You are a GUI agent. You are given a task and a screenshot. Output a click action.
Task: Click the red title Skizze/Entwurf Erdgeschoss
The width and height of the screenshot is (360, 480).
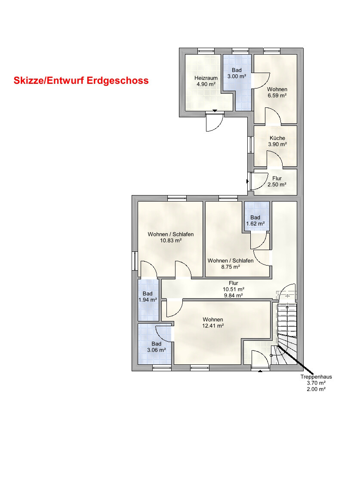click(x=81, y=80)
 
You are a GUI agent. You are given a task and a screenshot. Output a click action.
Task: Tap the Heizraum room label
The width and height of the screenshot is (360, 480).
click(x=206, y=78)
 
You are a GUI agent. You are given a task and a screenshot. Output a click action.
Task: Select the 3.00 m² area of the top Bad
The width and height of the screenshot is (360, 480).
click(x=237, y=76)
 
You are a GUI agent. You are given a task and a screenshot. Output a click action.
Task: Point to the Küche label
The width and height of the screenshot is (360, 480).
click(x=277, y=138)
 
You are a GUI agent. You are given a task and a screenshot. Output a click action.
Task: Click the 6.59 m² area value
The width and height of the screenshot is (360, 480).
click(x=277, y=95)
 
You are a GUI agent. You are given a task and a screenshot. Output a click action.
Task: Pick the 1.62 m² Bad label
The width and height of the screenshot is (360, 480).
click(x=255, y=220)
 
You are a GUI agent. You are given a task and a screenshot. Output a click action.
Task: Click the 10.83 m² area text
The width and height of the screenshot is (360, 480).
click(x=171, y=241)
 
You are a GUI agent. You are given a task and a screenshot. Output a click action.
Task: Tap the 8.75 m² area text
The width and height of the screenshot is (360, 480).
click(x=231, y=267)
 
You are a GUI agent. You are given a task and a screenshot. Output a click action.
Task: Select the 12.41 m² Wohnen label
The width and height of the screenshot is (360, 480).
click(x=213, y=323)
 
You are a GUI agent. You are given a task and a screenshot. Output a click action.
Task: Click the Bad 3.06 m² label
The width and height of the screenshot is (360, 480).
click(x=156, y=347)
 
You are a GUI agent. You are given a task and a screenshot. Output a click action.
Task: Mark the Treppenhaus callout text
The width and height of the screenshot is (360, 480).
click(x=316, y=377)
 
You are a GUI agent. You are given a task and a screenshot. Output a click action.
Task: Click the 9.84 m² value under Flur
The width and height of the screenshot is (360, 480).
click(x=234, y=296)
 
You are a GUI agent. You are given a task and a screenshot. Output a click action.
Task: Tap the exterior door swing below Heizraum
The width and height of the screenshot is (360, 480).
click(x=214, y=122)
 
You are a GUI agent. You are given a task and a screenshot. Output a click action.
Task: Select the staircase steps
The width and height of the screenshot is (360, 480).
click(x=287, y=333)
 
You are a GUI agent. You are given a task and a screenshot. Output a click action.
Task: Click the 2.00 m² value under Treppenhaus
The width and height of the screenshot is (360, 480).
click(x=316, y=389)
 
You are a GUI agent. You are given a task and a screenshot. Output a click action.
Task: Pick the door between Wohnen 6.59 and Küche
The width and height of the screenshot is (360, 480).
click(x=273, y=116)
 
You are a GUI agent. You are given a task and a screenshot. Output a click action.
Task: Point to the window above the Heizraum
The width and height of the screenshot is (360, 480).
click(x=206, y=51)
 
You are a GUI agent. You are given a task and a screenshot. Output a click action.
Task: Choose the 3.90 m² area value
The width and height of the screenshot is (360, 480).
click(x=277, y=144)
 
